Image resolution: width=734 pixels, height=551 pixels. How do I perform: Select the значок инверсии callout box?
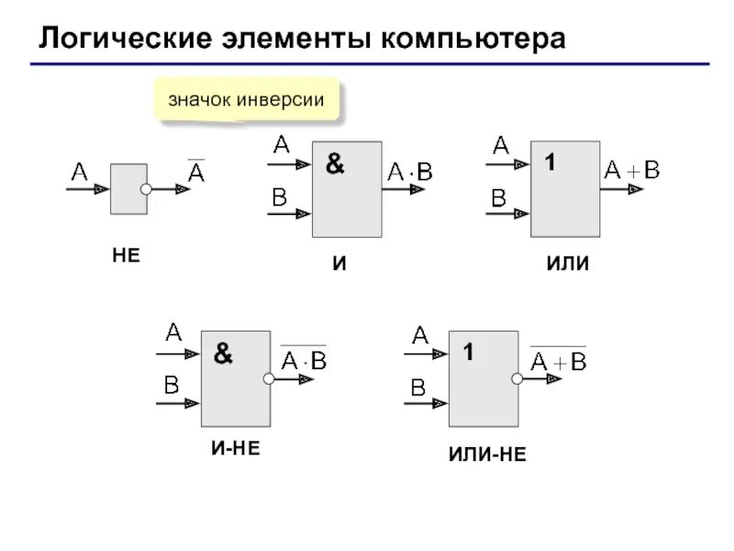coord(245,100)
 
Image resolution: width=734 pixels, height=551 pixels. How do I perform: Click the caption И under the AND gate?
coord(339,264)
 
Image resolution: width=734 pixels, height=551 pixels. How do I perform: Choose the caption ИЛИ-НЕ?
coord(486,454)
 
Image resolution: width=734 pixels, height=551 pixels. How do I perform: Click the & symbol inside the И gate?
coord(335,165)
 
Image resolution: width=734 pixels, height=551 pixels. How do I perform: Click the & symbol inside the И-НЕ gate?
coord(223,354)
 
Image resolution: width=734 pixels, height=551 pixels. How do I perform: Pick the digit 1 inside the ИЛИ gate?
coord(550,163)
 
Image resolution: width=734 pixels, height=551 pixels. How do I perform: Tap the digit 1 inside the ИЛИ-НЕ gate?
coord(467,353)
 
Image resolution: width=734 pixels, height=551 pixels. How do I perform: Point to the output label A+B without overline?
coord(631,169)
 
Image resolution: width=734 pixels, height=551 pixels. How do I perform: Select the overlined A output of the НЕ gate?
coord(195,172)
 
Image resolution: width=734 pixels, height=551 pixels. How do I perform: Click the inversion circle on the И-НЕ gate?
coord(270,378)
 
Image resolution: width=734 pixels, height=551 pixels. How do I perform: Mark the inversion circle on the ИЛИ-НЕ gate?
coord(517,378)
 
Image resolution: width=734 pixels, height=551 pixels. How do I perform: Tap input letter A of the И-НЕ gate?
coord(171,332)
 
